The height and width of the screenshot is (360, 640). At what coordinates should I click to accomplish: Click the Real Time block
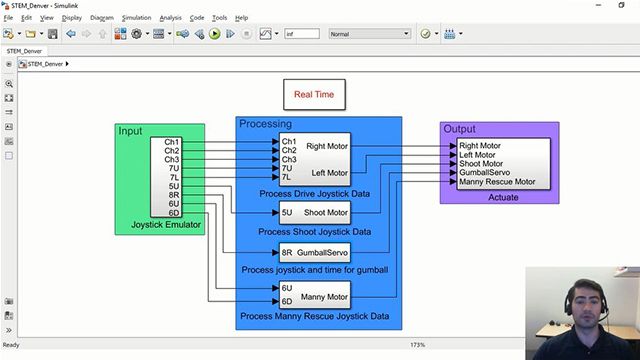[x=314, y=94]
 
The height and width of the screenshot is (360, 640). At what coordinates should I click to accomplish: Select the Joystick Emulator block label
[x=167, y=224]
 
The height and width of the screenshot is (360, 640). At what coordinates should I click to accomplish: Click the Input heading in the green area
[x=130, y=131]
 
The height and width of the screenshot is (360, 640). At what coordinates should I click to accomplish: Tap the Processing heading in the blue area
[x=265, y=124]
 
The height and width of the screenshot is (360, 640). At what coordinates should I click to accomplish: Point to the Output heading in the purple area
[x=460, y=129]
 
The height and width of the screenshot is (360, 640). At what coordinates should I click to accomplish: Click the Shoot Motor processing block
[x=314, y=212]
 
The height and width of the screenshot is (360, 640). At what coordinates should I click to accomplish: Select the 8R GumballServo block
[x=314, y=253]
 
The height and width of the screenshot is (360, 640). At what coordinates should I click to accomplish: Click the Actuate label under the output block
[x=503, y=198]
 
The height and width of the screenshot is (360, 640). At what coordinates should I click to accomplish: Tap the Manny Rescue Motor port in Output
[x=497, y=182]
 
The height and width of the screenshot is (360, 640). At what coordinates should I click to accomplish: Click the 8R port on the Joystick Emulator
[x=174, y=195]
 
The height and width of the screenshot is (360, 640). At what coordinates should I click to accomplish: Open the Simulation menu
[x=136, y=18]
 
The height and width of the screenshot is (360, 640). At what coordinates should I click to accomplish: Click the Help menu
[x=241, y=18]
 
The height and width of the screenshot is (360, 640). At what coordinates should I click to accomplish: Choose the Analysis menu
[x=171, y=18]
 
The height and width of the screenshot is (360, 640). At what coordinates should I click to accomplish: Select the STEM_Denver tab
[x=25, y=50]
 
